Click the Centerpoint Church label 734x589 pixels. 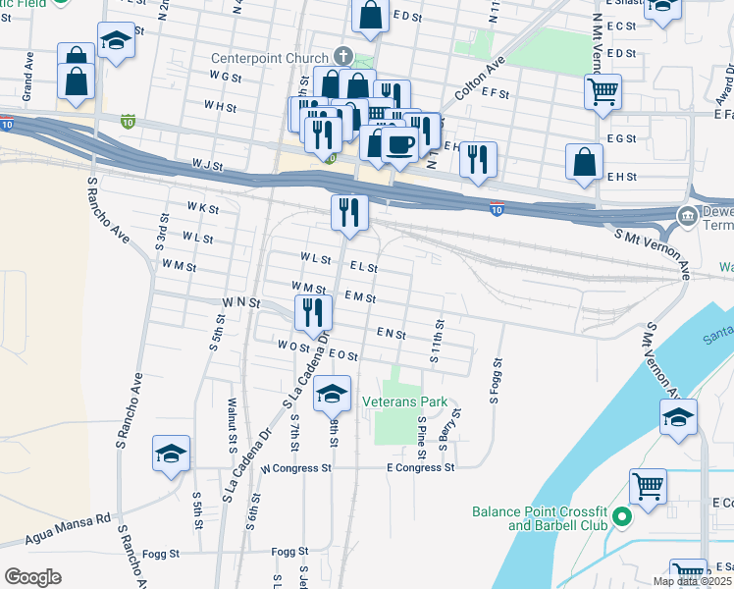click(x=268, y=58)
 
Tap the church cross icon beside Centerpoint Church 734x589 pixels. click(x=341, y=57)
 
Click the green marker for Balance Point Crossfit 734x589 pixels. click(x=620, y=514)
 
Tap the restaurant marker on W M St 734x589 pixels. click(x=312, y=312)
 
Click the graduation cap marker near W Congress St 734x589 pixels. click(x=172, y=455)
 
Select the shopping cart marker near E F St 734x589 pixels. click(x=603, y=92)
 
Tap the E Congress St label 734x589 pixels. click(x=420, y=468)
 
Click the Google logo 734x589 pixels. click(x=32, y=577)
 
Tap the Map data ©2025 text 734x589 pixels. click(x=691, y=581)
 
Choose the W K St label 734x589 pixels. click(x=203, y=208)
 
